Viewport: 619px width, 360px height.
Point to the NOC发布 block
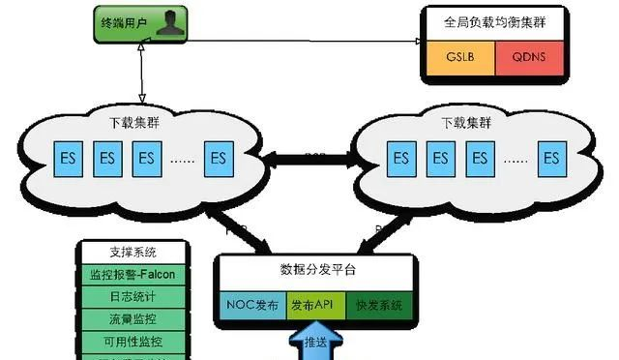point(250,306)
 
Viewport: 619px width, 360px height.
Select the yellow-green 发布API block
point(315,306)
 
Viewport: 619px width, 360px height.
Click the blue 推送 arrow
point(315,344)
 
